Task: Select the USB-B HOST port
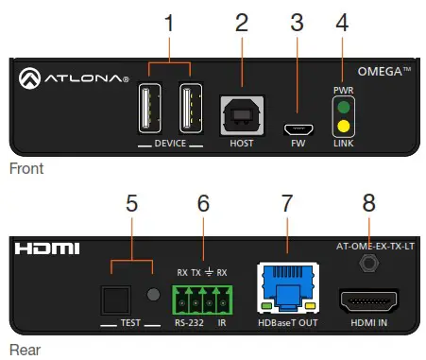click(x=242, y=113)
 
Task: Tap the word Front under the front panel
click(x=26, y=169)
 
